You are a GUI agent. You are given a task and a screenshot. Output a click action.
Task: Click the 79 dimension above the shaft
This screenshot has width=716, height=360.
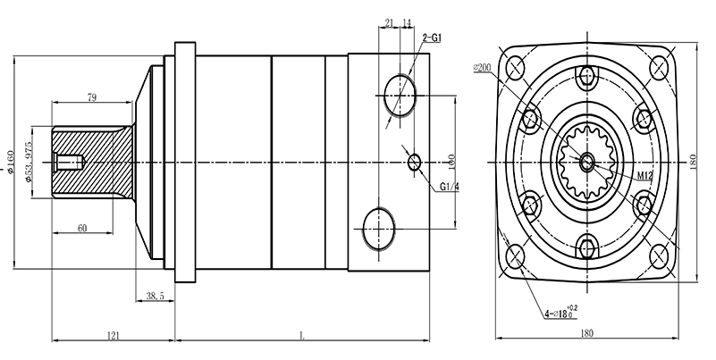coord(92,96)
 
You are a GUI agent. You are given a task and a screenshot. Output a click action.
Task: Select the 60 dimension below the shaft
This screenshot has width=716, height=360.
coord(81,229)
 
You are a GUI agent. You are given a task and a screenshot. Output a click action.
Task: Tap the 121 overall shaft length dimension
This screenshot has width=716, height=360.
coord(114,335)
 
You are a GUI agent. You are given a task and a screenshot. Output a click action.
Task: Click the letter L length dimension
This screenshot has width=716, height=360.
coord(301,336)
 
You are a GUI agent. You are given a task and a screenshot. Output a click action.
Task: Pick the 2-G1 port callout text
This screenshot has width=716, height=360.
coord(434,38)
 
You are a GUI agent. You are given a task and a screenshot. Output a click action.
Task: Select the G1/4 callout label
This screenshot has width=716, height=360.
coord(450,187)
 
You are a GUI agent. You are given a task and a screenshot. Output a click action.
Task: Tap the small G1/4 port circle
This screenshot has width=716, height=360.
coord(413,162)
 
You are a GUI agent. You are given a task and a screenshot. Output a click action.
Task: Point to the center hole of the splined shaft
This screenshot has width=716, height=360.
coord(586,163)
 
